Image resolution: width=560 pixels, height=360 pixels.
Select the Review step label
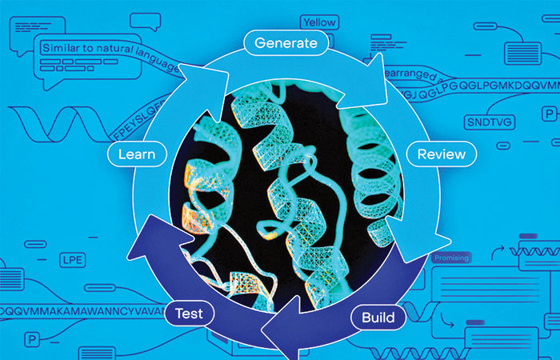tap(441, 154)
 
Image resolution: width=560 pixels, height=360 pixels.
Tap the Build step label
tap(378, 318)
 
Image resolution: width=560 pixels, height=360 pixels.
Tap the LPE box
tap(73, 260)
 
